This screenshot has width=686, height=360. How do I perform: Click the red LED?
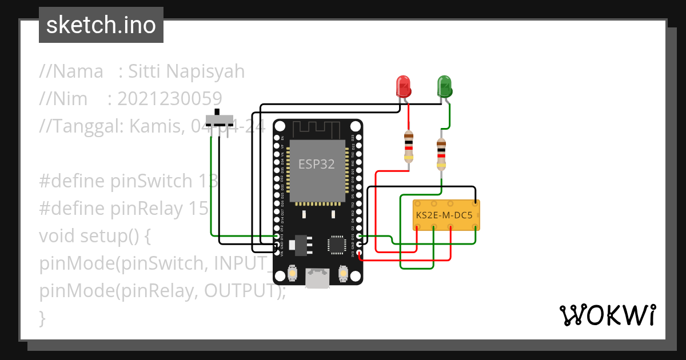tap(404, 86)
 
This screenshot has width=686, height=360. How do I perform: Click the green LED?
tap(444, 86)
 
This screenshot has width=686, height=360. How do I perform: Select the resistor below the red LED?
tap(408, 147)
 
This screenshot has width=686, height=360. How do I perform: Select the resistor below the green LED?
tap(441, 153)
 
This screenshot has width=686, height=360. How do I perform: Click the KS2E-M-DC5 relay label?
tap(444, 216)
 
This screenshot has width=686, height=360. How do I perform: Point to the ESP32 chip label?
tap(316, 164)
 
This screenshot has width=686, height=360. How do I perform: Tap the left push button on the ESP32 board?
tap(292, 274)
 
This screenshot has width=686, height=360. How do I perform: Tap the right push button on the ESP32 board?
tap(343, 274)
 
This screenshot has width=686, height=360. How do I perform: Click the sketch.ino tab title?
tap(101, 26)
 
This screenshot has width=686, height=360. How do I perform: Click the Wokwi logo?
tap(607, 315)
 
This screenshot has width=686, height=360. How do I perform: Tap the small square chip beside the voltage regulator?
tap(336, 245)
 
